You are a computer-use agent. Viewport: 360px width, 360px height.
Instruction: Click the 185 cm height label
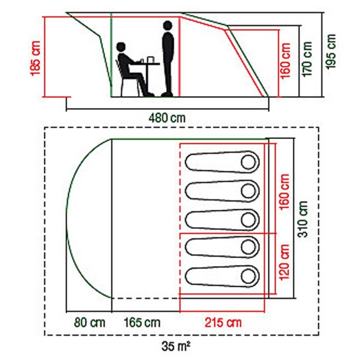tap(36, 58)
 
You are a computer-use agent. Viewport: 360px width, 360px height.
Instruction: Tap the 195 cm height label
tap(331, 51)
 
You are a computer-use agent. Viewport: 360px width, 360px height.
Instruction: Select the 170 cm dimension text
tap(307, 59)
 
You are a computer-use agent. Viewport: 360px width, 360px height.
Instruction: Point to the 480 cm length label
tap(167, 118)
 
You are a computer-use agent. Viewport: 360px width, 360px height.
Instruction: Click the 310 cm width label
tap(302, 219)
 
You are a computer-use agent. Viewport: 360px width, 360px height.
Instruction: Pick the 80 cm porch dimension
tap(90, 323)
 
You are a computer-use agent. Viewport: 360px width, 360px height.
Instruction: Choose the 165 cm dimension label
tap(142, 323)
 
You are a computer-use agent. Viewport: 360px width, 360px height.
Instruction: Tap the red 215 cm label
tap(223, 323)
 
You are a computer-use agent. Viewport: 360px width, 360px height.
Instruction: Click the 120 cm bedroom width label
tap(284, 262)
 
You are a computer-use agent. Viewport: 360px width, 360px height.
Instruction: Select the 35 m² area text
tap(176, 347)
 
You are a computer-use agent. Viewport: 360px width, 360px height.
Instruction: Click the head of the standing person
tap(168, 25)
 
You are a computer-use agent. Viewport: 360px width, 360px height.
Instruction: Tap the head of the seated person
tap(121, 47)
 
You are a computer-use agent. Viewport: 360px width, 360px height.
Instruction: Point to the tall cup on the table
tap(150, 60)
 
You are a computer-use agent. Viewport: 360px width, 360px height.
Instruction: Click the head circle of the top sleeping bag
tap(249, 162)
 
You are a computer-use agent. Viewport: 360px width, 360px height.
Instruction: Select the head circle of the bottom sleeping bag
tap(249, 276)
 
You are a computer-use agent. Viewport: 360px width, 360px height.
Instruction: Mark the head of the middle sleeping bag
tap(249, 220)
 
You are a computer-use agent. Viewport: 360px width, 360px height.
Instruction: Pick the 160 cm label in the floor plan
tap(284, 192)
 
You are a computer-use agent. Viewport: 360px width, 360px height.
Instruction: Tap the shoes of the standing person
tap(167, 94)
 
